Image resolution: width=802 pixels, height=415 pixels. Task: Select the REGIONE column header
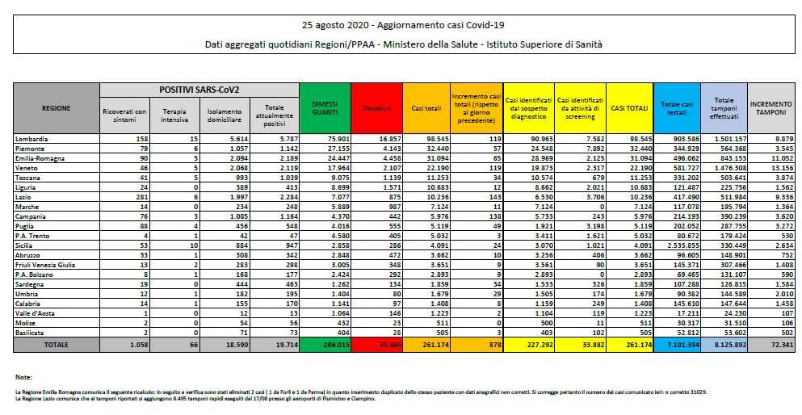[57, 107]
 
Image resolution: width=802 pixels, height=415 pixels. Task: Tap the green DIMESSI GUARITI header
[325, 107]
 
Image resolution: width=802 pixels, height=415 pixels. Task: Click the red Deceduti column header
[376, 107]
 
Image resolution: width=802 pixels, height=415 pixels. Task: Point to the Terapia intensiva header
[174, 115]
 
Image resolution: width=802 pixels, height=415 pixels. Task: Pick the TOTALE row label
[57, 345]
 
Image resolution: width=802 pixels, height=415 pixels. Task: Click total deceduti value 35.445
[376, 345]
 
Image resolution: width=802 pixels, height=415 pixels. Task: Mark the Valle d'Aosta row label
[34, 312]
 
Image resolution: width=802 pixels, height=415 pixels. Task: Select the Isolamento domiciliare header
[224, 115]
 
